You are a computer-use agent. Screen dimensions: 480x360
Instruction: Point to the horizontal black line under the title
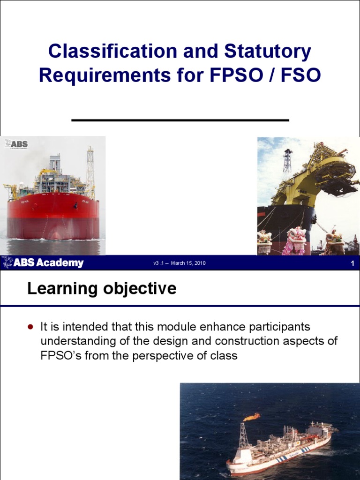point(180,120)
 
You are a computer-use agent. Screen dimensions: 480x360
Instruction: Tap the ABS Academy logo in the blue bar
point(43,263)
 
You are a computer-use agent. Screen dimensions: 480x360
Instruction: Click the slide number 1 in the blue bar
point(352,263)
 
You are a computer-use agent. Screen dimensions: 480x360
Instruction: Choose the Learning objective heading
point(102,289)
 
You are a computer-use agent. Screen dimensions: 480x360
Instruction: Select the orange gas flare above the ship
point(252,416)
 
